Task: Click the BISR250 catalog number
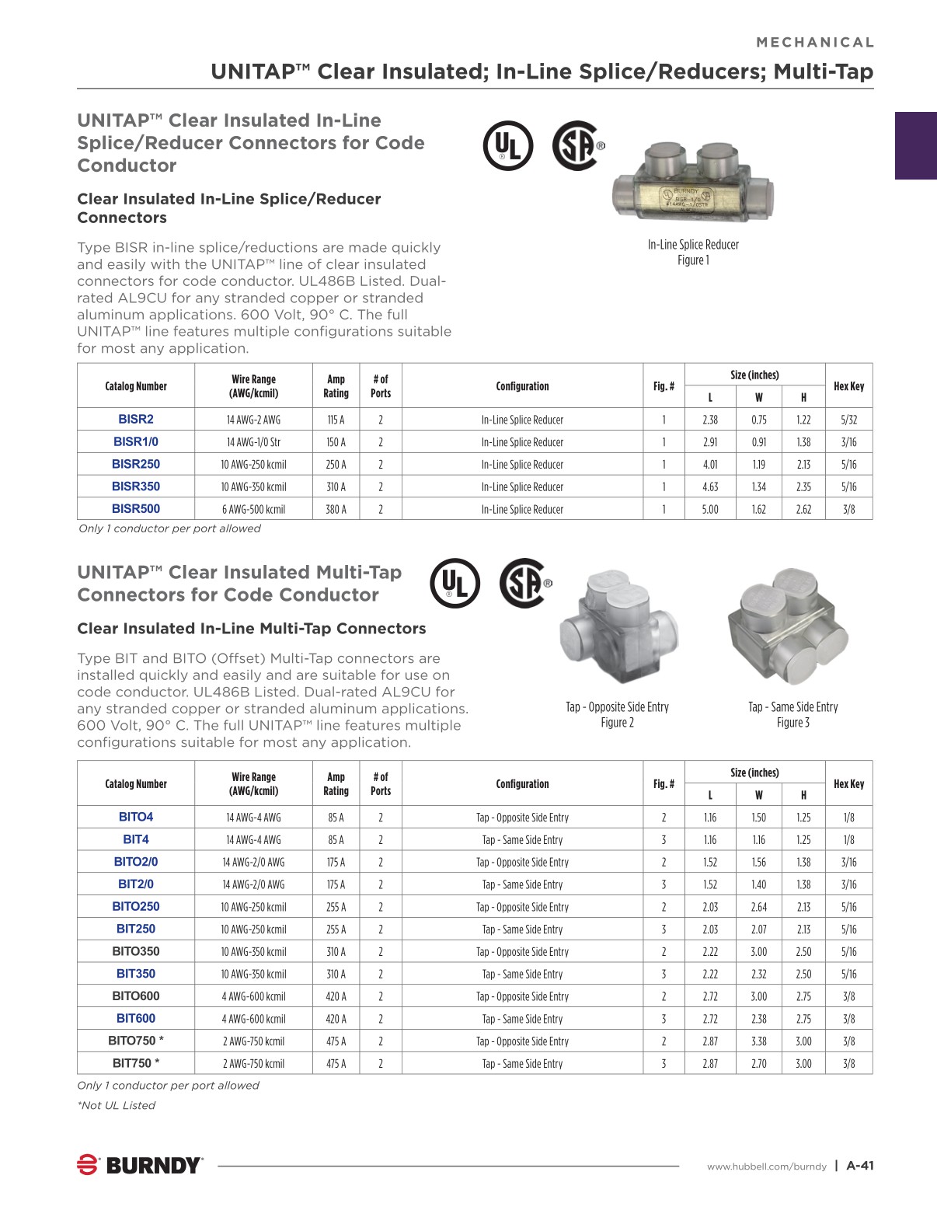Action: pyautogui.click(x=136, y=464)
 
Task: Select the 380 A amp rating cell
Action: pyautogui.click(x=336, y=510)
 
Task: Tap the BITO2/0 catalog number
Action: pyautogui.click(x=136, y=862)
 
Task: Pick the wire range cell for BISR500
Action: pyautogui.click(x=253, y=510)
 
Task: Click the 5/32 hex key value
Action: pyautogui.click(x=848, y=420)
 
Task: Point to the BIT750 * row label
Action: pyautogui.click(x=136, y=1063)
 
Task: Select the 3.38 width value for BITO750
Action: pyautogui.click(x=758, y=1041)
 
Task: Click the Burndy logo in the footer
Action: pyautogui.click(x=140, y=1165)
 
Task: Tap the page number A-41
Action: pyautogui.click(x=860, y=1166)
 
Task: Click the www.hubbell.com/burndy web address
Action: pyautogui.click(x=766, y=1166)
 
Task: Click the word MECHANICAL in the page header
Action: pyautogui.click(x=815, y=43)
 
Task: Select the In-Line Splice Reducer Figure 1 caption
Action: pyautogui.click(x=693, y=252)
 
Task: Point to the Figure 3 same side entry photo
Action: pyautogui.click(x=787, y=627)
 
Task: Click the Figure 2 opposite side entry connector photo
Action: pyautogui.click(x=618, y=627)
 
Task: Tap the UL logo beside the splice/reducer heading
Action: pyautogui.click(x=508, y=146)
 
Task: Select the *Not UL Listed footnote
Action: pyautogui.click(x=117, y=1105)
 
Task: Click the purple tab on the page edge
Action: pyautogui.click(x=915, y=146)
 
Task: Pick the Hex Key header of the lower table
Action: pyautogui.click(x=848, y=784)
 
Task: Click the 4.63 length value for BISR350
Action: pyautogui.click(x=709, y=487)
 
